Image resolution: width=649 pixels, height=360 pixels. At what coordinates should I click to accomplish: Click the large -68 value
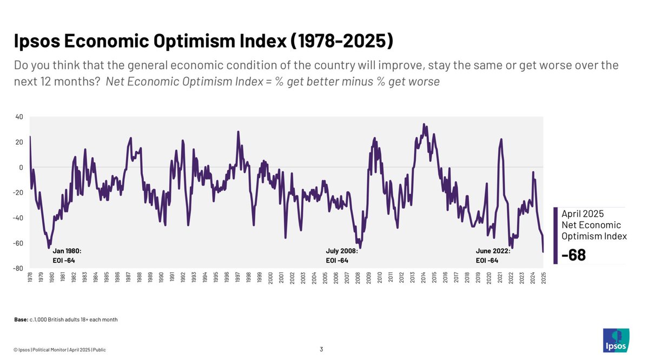(574, 255)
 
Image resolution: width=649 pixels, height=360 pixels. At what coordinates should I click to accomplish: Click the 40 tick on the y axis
(19, 117)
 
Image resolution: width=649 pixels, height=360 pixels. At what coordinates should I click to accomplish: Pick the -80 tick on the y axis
(18, 268)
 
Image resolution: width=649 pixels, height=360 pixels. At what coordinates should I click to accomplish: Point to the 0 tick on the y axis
(21, 168)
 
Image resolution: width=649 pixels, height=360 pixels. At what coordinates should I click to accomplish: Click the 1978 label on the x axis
(30, 277)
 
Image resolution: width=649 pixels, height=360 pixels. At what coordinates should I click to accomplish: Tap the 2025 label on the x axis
(543, 277)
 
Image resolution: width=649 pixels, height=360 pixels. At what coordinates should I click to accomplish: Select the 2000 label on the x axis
(270, 277)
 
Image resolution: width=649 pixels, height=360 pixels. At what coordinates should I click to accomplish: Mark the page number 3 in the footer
(321, 349)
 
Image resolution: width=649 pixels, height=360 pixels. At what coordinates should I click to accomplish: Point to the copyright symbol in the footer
(16, 350)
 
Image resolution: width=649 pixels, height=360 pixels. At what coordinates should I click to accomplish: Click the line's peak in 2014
(424, 124)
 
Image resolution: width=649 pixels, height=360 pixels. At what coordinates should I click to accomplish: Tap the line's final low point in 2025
(543, 251)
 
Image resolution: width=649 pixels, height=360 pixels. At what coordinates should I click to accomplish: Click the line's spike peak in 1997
(238, 131)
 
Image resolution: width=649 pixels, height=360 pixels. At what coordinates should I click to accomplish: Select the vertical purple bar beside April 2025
(555, 236)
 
